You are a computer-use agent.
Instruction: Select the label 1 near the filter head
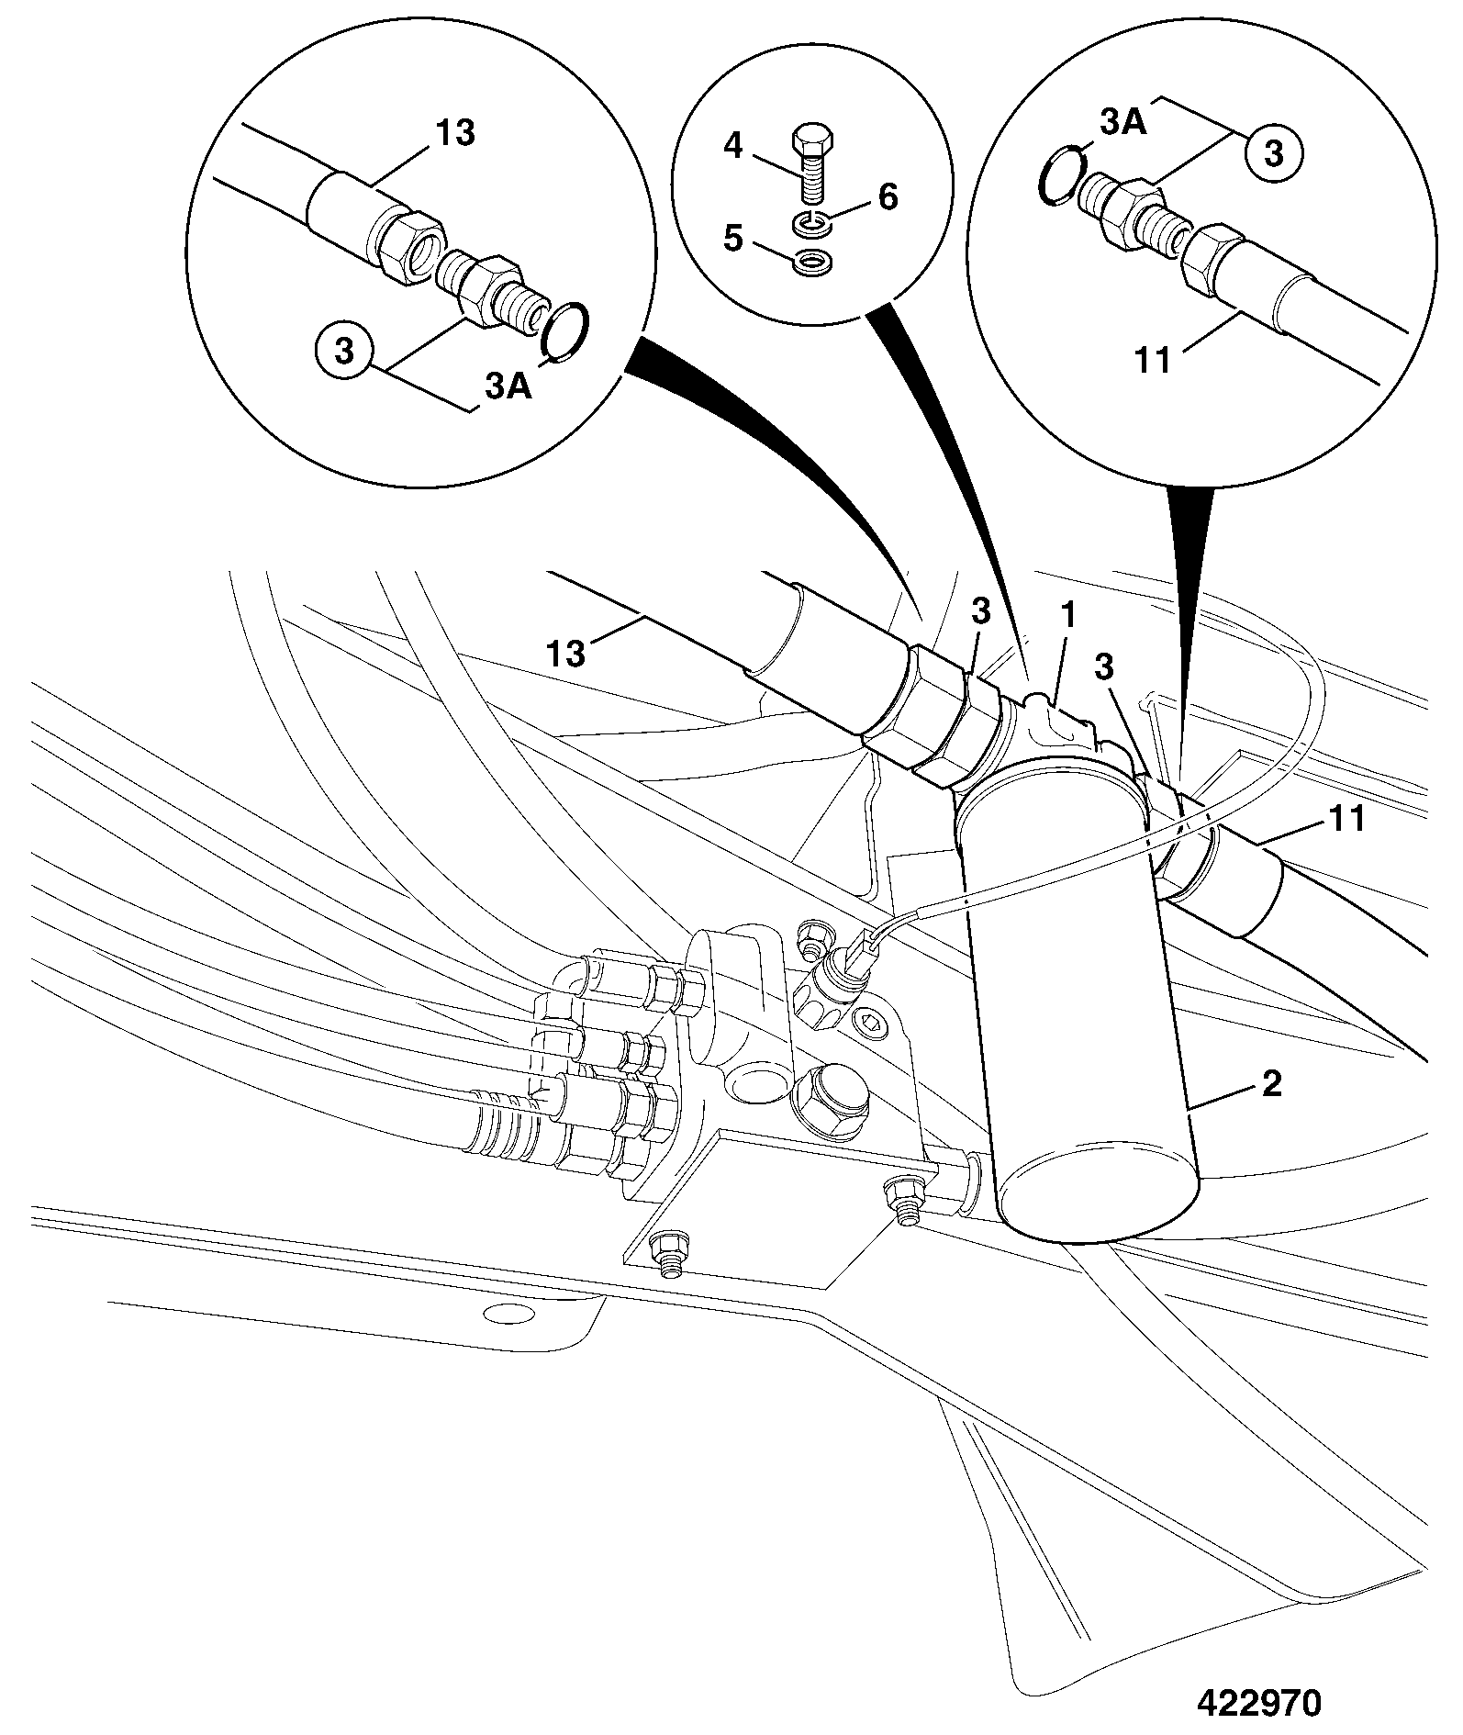pos(1069,617)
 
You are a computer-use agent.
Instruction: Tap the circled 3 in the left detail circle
pos(343,352)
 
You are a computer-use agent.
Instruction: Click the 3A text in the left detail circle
pos(508,386)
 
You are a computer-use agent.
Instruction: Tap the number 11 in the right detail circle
pos(1154,361)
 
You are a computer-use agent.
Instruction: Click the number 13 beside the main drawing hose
pos(566,654)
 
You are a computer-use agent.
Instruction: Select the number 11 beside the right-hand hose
pos(1347,818)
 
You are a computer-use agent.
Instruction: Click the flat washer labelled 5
pos(811,262)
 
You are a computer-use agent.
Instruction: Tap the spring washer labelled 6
pos(811,221)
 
